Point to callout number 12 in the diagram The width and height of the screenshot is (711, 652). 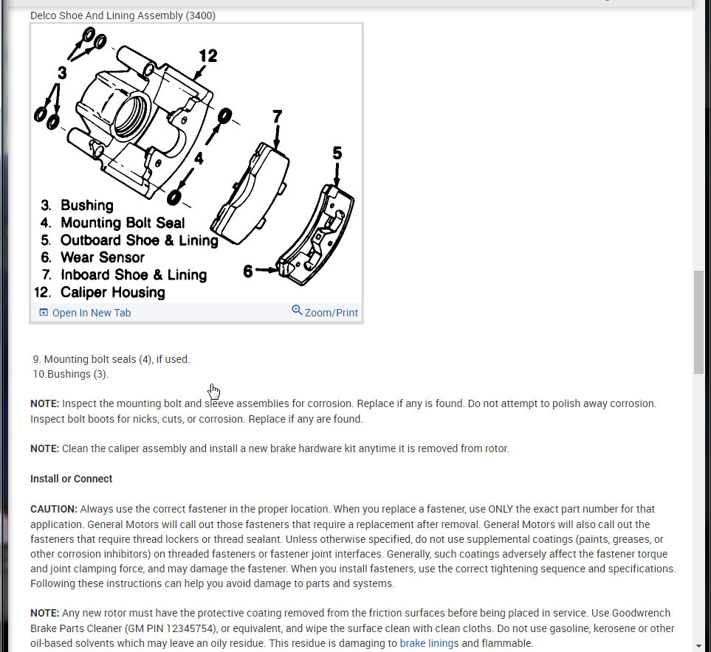point(208,56)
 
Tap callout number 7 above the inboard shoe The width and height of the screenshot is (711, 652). point(277,117)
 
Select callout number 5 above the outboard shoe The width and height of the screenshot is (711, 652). point(337,153)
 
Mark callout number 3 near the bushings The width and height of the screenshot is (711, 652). point(62,73)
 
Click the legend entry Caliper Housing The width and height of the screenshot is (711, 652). point(112,292)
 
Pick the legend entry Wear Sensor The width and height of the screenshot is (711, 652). point(102,257)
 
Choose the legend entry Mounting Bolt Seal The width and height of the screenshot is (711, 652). point(123,223)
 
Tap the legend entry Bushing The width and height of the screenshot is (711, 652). point(86,206)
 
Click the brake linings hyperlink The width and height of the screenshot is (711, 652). point(429,643)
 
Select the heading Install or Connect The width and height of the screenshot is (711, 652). point(72,479)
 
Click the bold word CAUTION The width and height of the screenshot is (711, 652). point(54,509)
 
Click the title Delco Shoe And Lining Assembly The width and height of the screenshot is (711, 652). point(123,15)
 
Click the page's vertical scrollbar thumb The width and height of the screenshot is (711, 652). point(698,322)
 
